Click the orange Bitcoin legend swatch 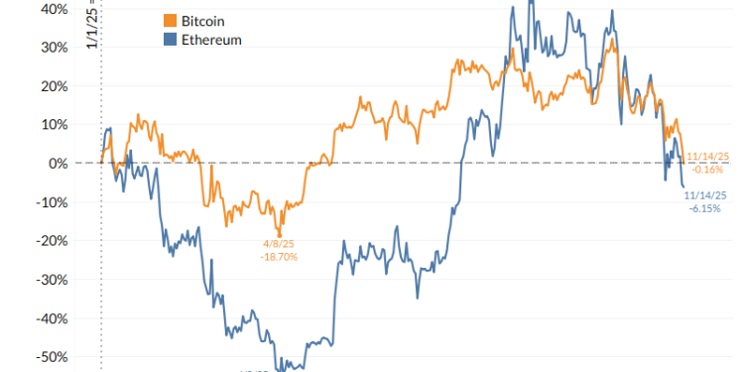click(170, 21)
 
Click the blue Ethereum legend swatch click(170, 40)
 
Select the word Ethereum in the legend click(211, 40)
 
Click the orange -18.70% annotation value click(278, 257)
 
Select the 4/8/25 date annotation click(278, 244)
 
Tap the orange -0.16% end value click(706, 170)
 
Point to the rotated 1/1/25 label click(91, 25)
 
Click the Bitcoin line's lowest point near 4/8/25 click(280, 234)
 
